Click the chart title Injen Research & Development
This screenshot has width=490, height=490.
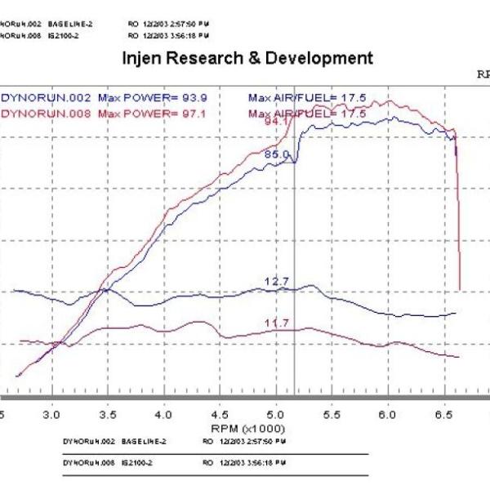pyautogui.click(x=247, y=59)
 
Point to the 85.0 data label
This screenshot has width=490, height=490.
pyautogui.click(x=277, y=154)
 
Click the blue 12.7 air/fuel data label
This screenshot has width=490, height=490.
pyautogui.click(x=277, y=282)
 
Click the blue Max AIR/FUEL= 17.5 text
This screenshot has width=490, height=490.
pyautogui.click(x=306, y=97)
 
